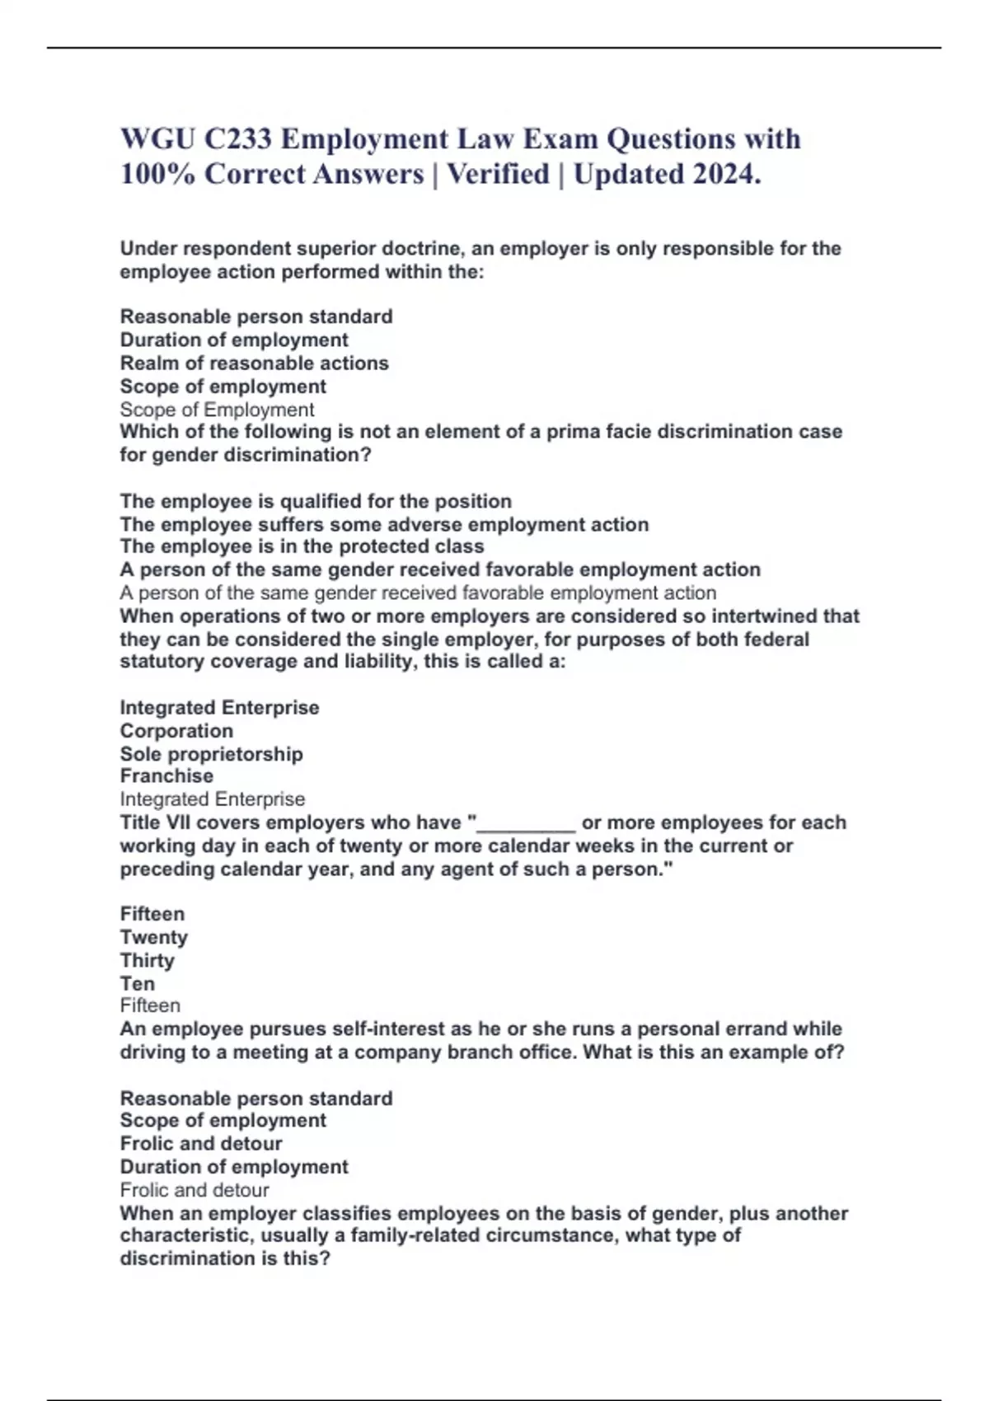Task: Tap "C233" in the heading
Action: [x=238, y=138]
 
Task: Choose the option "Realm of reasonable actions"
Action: [x=254, y=363]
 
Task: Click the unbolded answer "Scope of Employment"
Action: [x=217, y=410]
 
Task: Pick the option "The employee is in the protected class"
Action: [x=302, y=546]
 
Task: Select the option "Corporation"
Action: [x=176, y=731]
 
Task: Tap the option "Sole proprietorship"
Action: [x=211, y=754]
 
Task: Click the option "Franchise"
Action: [x=166, y=776]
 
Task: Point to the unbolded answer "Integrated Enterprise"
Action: [x=212, y=799]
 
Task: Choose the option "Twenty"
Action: [x=154, y=938]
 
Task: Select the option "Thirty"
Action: [x=148, y=961]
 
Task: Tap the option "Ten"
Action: [x=137, y=984]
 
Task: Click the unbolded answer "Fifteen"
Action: [x=150, y=1005]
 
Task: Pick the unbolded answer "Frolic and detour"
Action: [x=195, y=1190]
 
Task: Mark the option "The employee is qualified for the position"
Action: [x=316, y=501]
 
